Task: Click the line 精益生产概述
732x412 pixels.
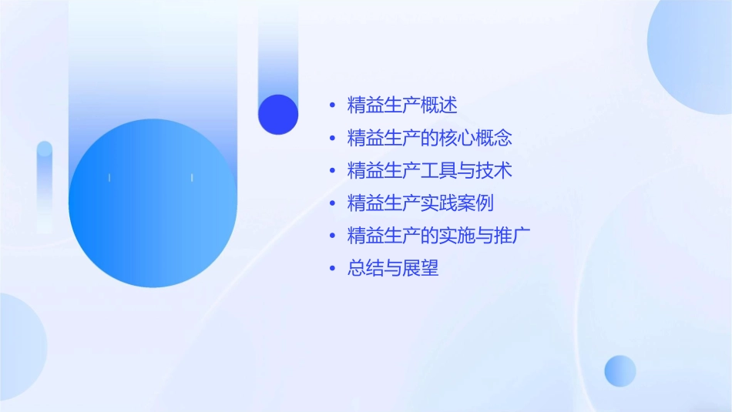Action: pyautogui.click(x=402, y=106)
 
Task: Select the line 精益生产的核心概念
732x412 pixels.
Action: pyautogui.click(x=429, y=138)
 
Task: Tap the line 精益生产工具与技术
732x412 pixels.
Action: pyautogui.click(x=429, y=170)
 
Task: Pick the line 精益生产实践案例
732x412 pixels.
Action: pyautogui.click(x=420, y=203)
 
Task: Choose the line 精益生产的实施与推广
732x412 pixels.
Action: pyautogui.click(x=438, y=236)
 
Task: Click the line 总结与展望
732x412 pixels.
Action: pyautogui.click(x=393, y=268)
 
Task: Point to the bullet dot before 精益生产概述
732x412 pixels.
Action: pyautogui.click(x=332, y=106)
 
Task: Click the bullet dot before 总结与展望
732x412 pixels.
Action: pyautogui.click(x=332, y=269)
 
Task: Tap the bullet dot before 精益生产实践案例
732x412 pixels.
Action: pyautogui.click(x=332, y=203)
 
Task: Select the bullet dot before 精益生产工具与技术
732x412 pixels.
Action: pyautogui.click(x=332, y=171)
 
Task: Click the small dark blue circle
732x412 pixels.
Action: pyautogui.click(x=278, y=114)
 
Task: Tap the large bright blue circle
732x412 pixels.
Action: pyautogui.click(x=153, y=203)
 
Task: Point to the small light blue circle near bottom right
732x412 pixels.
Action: pyautogui.click(x=620, y=370)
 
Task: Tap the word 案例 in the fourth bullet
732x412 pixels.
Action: pyautogui.click(x=475, y=203)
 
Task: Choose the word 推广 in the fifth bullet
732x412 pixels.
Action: pyautogui.click(x=512, y=236)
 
